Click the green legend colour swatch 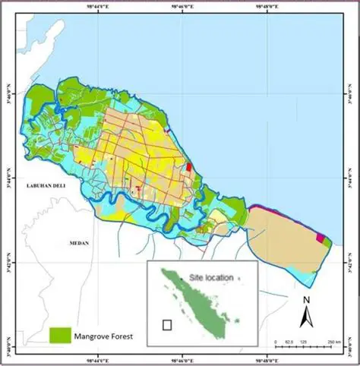59,334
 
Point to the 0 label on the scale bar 276,342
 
